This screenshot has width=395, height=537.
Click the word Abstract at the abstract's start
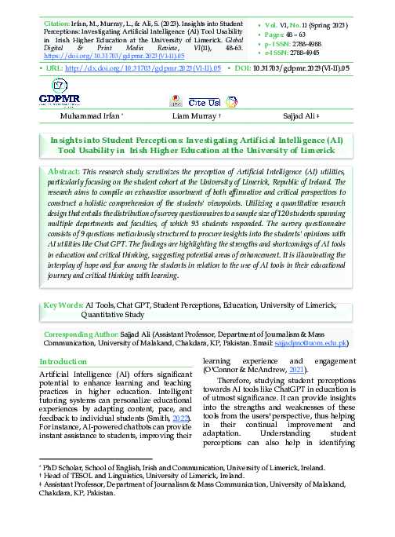click(64, 170)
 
